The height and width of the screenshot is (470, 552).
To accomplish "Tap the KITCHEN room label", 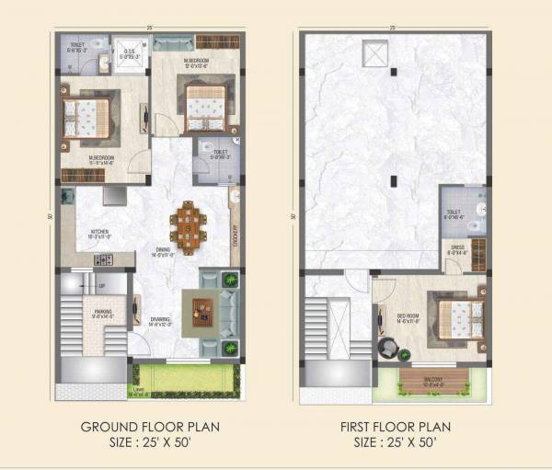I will (100, 232).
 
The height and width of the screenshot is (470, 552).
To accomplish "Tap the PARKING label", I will (104, 313).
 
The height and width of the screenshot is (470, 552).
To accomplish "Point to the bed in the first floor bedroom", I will (455, 317).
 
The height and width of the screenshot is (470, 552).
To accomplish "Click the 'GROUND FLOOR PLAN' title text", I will (150, 428).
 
